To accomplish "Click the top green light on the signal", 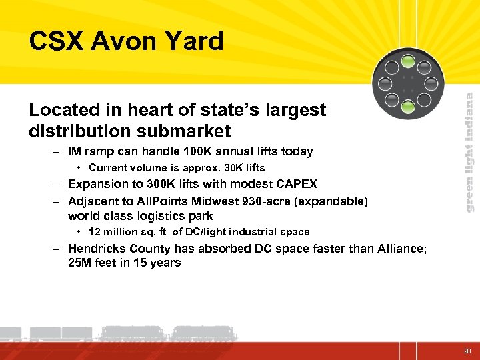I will tap(408, 64).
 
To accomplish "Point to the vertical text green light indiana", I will tap(469, 152).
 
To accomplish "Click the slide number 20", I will tap(467, 351).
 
